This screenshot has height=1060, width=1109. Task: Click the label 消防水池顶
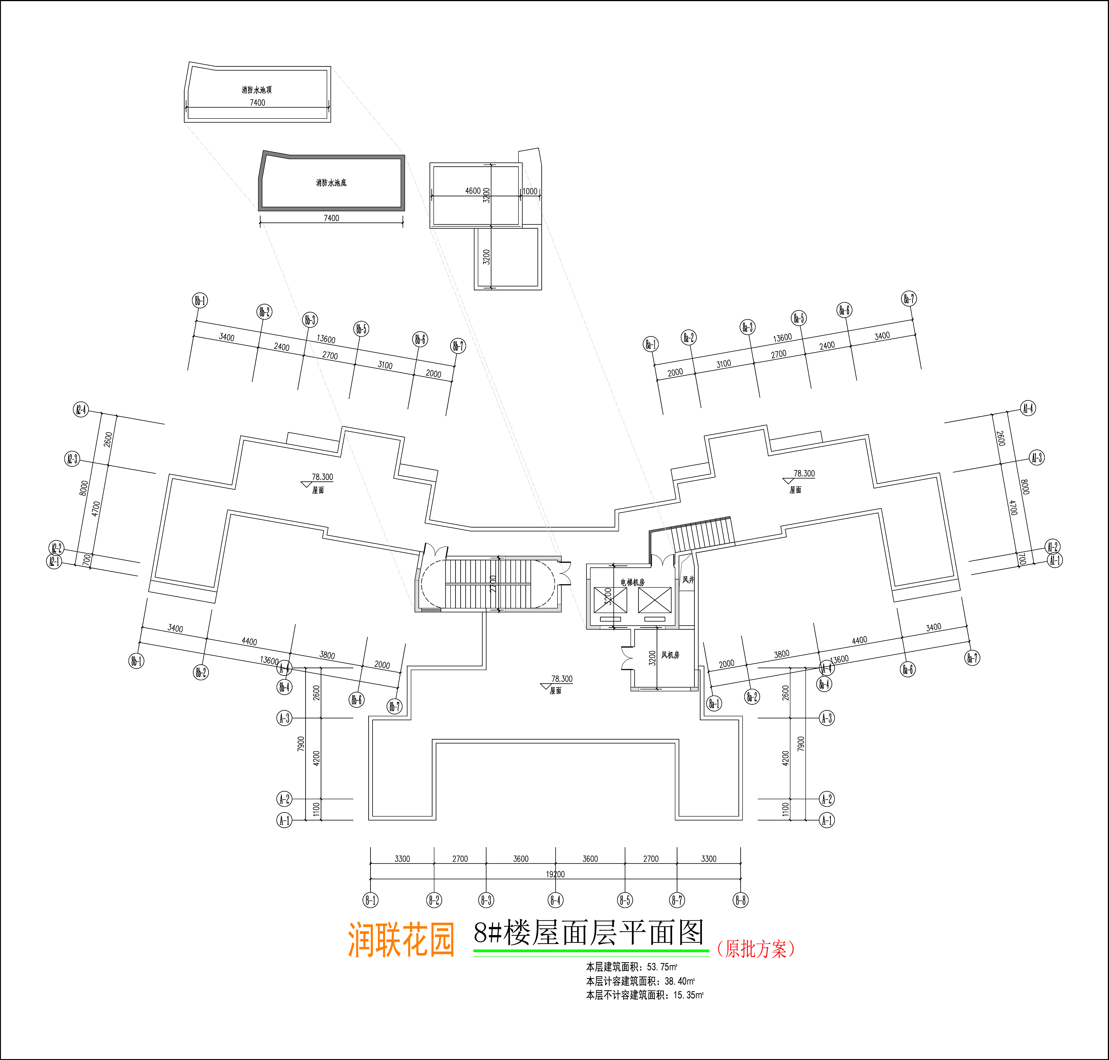(x=257, y=90)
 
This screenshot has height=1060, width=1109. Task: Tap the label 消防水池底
(x=331, y=182)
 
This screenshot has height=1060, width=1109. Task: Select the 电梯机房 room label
(x=633, y=582)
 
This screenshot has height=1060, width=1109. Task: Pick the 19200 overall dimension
(x=555, y=874)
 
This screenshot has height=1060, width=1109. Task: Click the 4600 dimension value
(x=473, y=191)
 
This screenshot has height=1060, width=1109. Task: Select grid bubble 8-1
(x=371, y=900)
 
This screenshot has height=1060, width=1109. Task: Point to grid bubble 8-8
(x=740, y=900)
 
